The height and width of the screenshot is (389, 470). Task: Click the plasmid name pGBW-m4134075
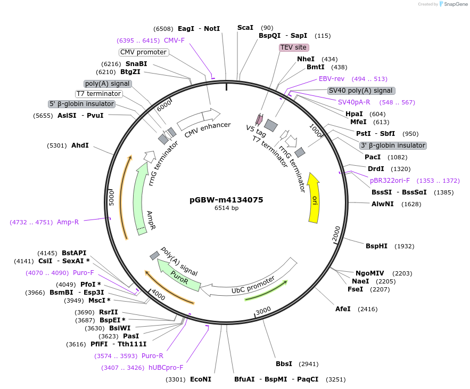[226, 200]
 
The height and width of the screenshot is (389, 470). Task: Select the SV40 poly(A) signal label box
[361, 91]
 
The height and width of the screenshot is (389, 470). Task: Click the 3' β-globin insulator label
[393, 145]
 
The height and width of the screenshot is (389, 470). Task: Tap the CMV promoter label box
[144, 52]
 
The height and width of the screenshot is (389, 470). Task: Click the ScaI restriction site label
[245, 28]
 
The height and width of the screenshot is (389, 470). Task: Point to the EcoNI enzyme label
[201, 379]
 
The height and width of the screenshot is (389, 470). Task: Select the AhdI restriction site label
[80, 145]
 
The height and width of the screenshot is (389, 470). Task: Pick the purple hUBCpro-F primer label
[166, 368]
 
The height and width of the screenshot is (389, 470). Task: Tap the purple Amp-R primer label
[68, 222]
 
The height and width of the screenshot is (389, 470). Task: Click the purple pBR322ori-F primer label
[390, 181]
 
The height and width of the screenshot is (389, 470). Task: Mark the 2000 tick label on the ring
[336, 233]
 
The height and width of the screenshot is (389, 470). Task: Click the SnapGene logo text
[454, 4]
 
